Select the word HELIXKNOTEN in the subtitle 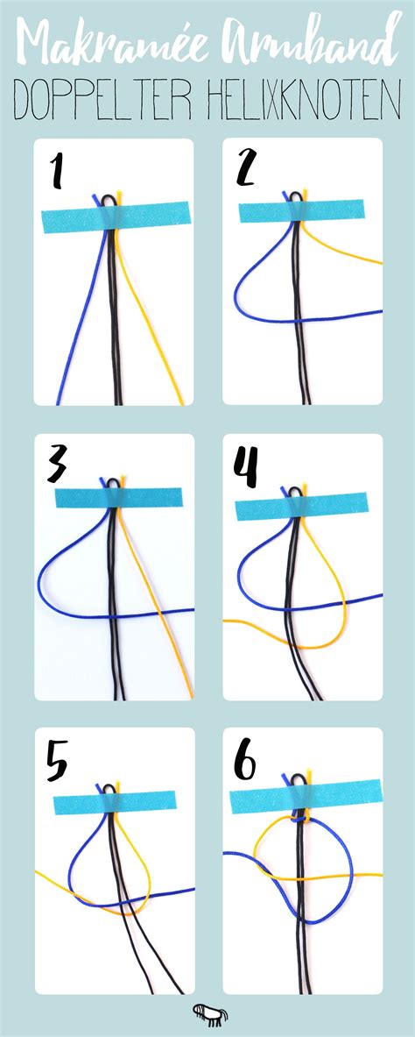point(305,101)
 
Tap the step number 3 point(57,465)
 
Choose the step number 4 point(247,465)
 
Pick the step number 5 point(57,758)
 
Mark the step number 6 point(245,761)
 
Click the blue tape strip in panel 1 point(115,217)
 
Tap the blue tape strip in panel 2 point(301,211)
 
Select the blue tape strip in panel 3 point(119,497)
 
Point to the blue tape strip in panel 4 point(301,508)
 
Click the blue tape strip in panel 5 point(115,802)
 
